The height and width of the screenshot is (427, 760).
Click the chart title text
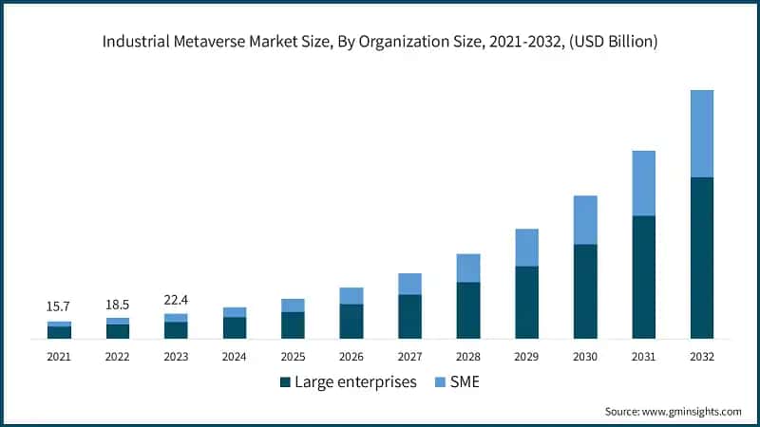380,42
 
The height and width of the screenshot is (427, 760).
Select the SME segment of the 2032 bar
702,134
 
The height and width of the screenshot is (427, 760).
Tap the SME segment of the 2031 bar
644,183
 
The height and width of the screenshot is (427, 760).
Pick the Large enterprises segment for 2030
585,291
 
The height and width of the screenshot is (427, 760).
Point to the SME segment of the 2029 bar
526,248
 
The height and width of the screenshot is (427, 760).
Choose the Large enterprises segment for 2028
468,310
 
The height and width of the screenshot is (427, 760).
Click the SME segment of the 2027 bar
409,284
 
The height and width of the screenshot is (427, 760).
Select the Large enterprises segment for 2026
351,322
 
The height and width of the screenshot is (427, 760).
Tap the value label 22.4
176,300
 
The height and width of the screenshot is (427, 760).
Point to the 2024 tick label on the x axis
235,357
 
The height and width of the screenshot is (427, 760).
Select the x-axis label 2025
293,357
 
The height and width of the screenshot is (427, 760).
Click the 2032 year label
702,357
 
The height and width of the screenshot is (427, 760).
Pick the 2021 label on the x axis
59,357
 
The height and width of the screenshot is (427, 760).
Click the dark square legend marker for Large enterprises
285,382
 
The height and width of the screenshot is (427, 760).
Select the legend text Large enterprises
355,382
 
